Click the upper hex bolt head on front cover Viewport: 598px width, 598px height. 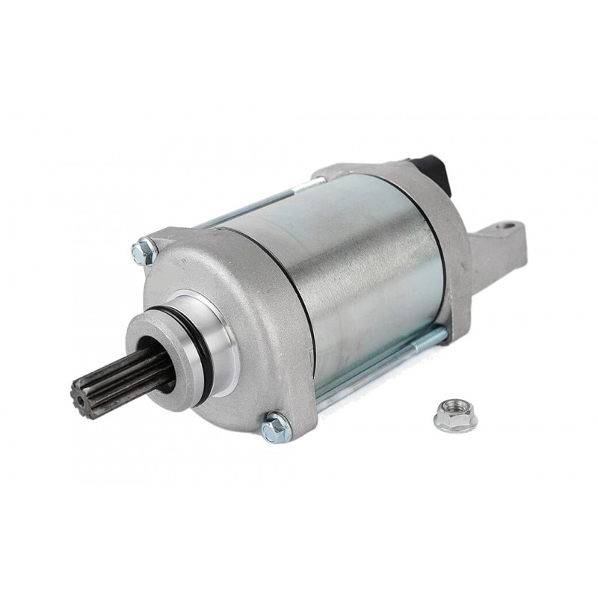pos(143,251)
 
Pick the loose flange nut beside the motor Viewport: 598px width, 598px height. pos(454,416)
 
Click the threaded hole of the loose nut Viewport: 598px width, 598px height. pos(454,411)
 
